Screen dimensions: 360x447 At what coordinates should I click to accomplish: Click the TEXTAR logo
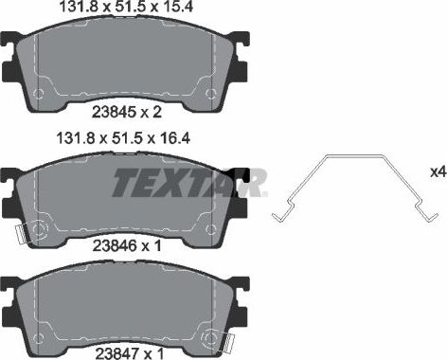tap(189, 181)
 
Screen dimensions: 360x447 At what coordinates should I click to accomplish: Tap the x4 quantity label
tap(437, 172)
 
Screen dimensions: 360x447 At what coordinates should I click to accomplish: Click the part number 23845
tap(112, 112)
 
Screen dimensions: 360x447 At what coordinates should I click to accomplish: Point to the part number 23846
tap(112, 245)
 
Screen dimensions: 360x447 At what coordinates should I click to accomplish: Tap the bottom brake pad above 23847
tap(128, 303)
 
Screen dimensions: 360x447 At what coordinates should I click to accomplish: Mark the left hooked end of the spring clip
tap(277, 216)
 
